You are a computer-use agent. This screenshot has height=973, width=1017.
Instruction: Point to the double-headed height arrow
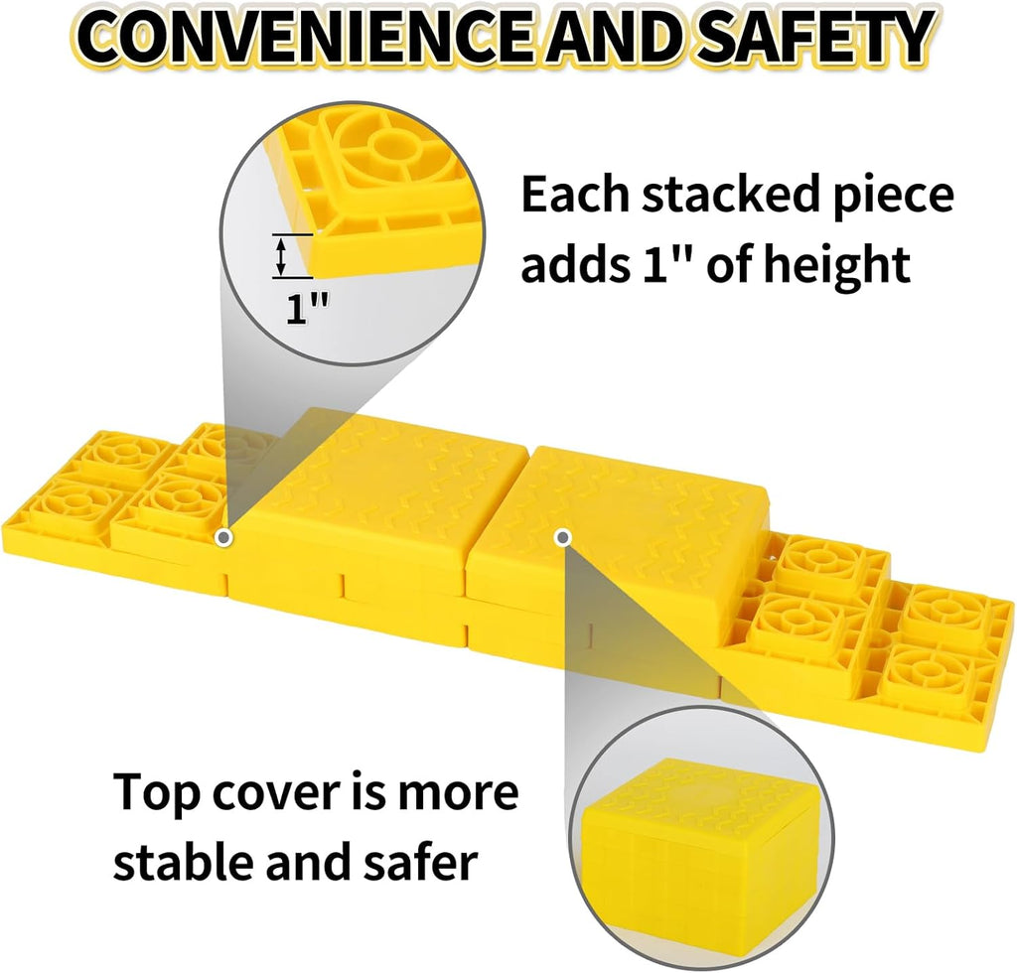282,256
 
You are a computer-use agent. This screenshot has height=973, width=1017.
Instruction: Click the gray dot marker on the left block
225,537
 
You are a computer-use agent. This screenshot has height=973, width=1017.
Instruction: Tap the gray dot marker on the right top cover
563,537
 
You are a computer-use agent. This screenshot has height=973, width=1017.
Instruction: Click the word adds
573,265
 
